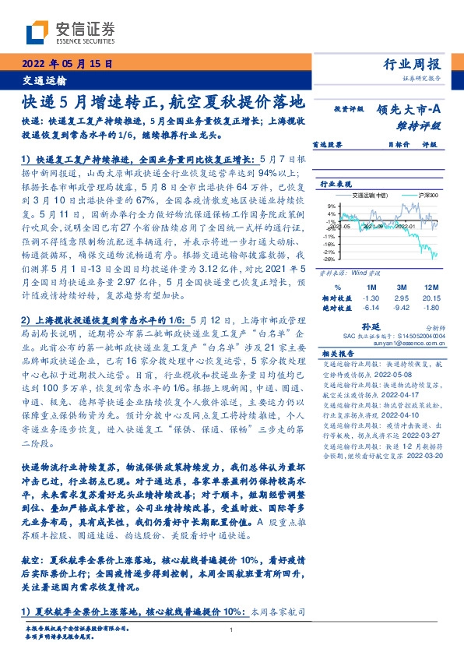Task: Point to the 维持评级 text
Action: coord(424,125)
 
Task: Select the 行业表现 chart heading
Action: coord(336,184)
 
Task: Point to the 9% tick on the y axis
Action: coord(331,206)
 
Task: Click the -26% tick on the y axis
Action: coord(329,260)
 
